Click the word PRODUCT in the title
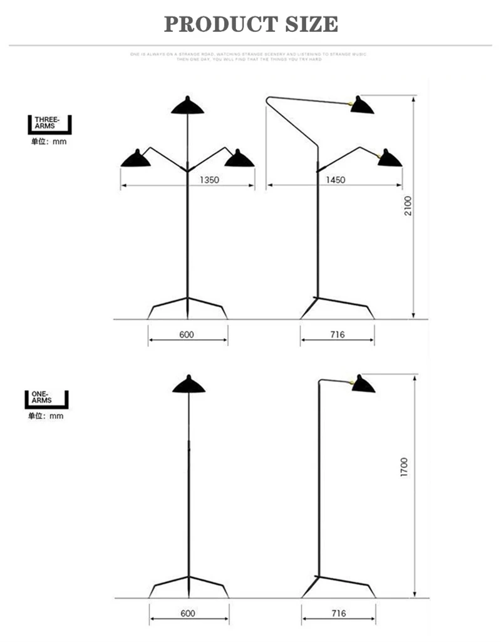click(212, 24)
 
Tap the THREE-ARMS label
click(46, 122)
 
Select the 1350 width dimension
click(209, 180)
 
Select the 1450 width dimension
click(335, 180)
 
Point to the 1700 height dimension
click(405, 468)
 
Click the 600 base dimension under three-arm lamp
click(187, 334)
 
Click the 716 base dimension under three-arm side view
click(338, 334)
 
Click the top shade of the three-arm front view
click(188, 105)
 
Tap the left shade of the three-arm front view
click(137, 159)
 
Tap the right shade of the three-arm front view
click(239, 159)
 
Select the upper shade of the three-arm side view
click(363, 105)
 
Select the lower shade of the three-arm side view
click(389, 158)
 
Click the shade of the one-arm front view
click(189, 385)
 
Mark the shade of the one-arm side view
click(363, 384)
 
